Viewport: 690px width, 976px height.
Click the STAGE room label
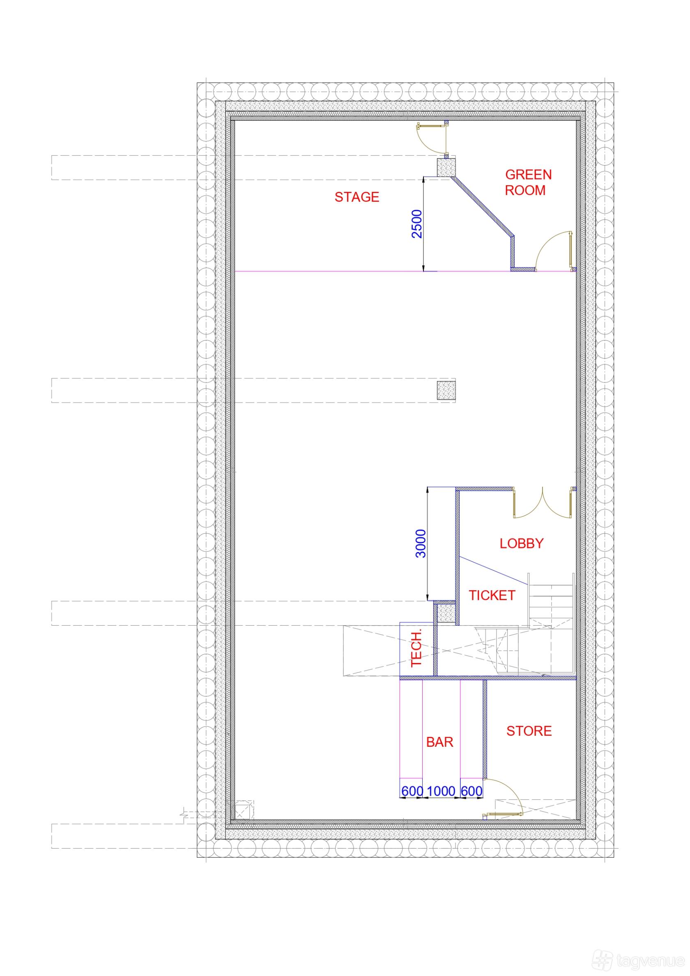(356, 197)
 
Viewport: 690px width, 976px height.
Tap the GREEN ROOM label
(528, 182)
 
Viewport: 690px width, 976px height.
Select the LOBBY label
(522, 543)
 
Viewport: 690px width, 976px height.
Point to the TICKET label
(492, 595)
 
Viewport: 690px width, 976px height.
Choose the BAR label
(439, 742)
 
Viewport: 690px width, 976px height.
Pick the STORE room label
(529, 731)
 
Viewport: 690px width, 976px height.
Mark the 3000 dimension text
(421, 543)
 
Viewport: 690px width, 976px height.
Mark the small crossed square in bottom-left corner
(244, 810)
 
